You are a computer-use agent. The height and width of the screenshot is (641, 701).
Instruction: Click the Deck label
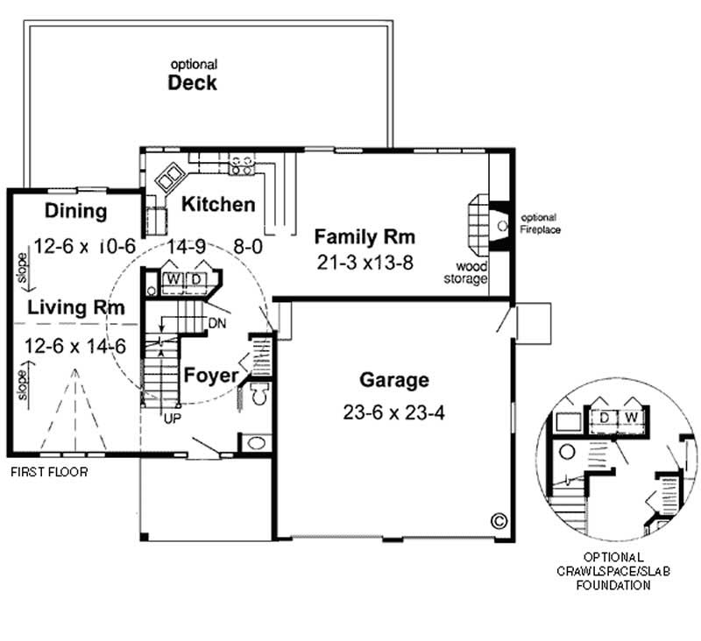coord(193,84)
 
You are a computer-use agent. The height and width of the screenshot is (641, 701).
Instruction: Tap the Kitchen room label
coord(218,205)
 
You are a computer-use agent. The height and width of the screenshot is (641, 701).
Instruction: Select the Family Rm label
coord(365,236)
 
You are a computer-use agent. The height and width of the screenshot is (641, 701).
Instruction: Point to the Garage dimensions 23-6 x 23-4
coord(394,412)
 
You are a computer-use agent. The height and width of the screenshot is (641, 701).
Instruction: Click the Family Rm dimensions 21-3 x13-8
coord(365,262)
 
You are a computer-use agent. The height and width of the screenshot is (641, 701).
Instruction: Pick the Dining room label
coord(76,211)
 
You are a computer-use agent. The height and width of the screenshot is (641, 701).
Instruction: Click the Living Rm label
coord(74,307)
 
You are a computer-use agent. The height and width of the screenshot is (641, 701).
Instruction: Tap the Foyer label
coord(210,376)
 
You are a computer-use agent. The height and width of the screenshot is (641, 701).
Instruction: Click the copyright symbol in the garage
coord(499,519)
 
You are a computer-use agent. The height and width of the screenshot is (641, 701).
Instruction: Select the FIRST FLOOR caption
coord(49,472)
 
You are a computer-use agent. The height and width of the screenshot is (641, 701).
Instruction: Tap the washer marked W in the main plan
coord(174,279)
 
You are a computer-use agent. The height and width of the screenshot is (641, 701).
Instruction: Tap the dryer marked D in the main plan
coord(196,279)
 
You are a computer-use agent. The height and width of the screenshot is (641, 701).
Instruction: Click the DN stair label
coord(219,323)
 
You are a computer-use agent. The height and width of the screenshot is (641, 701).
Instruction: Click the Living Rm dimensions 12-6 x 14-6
coord(75,346)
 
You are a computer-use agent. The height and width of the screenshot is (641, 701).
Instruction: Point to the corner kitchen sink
coord(167,177)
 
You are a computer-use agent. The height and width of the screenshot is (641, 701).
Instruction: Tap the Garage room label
coord(394,380)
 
